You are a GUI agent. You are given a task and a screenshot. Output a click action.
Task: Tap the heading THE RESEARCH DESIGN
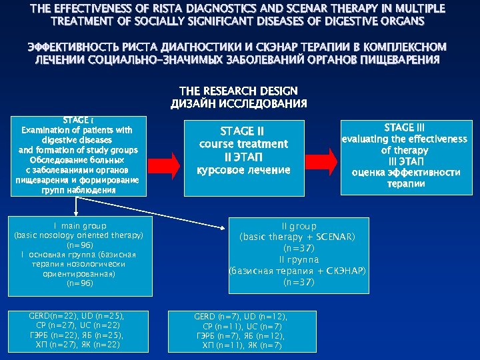point(239,91)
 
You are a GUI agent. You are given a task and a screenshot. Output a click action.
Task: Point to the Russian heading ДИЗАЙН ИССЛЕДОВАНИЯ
point(239,103)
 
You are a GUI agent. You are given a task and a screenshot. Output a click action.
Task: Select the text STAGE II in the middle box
point(243,131)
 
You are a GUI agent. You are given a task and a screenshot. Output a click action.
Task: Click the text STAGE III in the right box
point(404,127)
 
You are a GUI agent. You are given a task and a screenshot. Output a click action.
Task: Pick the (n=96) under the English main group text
point(80,245)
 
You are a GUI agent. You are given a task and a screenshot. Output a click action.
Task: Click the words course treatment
point(243,144)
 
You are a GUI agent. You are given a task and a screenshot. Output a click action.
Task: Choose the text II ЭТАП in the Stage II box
point(243,157)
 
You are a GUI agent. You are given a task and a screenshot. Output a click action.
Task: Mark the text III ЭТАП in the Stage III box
point(404,161)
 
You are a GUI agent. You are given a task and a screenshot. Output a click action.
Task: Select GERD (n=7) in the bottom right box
point(215,317)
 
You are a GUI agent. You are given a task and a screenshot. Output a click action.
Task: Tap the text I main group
point(80,226)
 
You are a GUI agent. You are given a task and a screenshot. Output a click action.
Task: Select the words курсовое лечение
point(243,170)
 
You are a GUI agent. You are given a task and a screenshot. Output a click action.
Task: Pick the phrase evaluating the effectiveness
point(404,139)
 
